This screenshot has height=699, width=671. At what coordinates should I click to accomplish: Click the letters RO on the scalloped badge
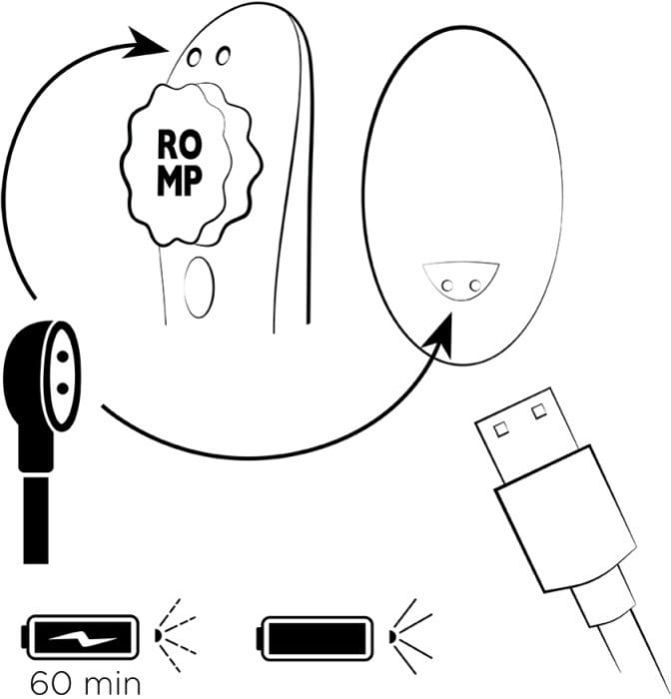coord(180,145)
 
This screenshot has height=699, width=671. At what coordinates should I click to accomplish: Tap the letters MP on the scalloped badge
coord(180,181)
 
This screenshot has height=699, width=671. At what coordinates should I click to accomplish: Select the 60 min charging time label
coord(85,683)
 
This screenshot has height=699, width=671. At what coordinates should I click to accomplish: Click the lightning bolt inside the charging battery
coord(83,637)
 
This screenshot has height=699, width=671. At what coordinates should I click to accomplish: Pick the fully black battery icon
coord(315,638)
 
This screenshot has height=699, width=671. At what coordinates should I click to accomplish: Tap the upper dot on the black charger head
coord(63,356)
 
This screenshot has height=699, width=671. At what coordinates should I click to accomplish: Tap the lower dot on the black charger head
coord(63,388)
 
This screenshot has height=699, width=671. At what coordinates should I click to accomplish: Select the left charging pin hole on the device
coord(194,58)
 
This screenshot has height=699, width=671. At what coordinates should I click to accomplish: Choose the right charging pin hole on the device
coord(223,55)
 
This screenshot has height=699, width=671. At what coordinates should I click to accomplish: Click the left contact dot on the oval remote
coord(447,286)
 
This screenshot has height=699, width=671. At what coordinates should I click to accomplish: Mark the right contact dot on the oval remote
coord(475,284)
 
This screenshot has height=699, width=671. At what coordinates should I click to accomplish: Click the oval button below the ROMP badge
coord(199,288)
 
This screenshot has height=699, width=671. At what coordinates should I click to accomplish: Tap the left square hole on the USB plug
coord(501,429)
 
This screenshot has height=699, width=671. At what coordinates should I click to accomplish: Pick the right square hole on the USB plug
coord(539,410)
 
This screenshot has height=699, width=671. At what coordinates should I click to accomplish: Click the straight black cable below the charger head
coord(36,520)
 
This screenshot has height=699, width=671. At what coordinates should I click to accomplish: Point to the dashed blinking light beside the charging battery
coord(175,635)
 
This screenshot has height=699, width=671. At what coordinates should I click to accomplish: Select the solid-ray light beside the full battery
coord(410,636)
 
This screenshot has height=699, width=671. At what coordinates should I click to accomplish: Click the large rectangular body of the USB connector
coord(565,518)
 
